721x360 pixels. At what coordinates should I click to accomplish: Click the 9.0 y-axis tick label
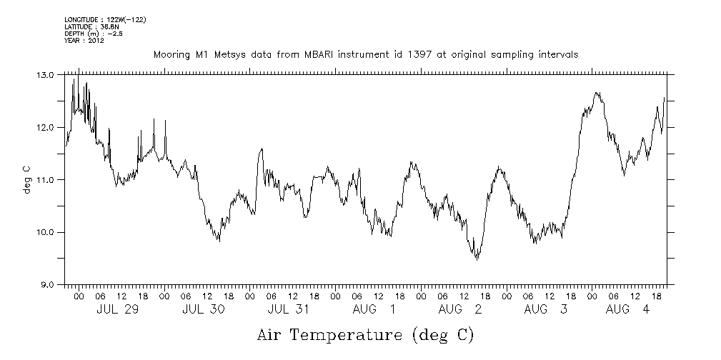pos(46,285)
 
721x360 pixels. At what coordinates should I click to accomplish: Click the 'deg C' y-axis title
pos(26,179)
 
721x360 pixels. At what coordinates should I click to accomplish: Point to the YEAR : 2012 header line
pos(84,41)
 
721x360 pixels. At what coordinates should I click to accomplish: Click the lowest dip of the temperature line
pos(477,259)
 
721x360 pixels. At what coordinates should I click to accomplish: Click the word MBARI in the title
pos(326,54)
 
